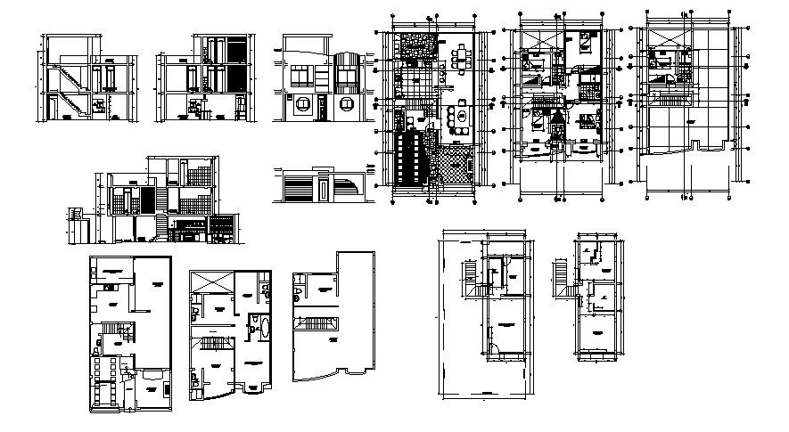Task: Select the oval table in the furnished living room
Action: click(x=461, y=115)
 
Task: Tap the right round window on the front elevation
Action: click(x=348, y=104)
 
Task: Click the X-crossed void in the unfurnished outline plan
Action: click(x=212, y=282)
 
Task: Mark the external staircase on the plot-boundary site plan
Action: click(x=470, y=274)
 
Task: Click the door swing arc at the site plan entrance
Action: click(x=493, y=348)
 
